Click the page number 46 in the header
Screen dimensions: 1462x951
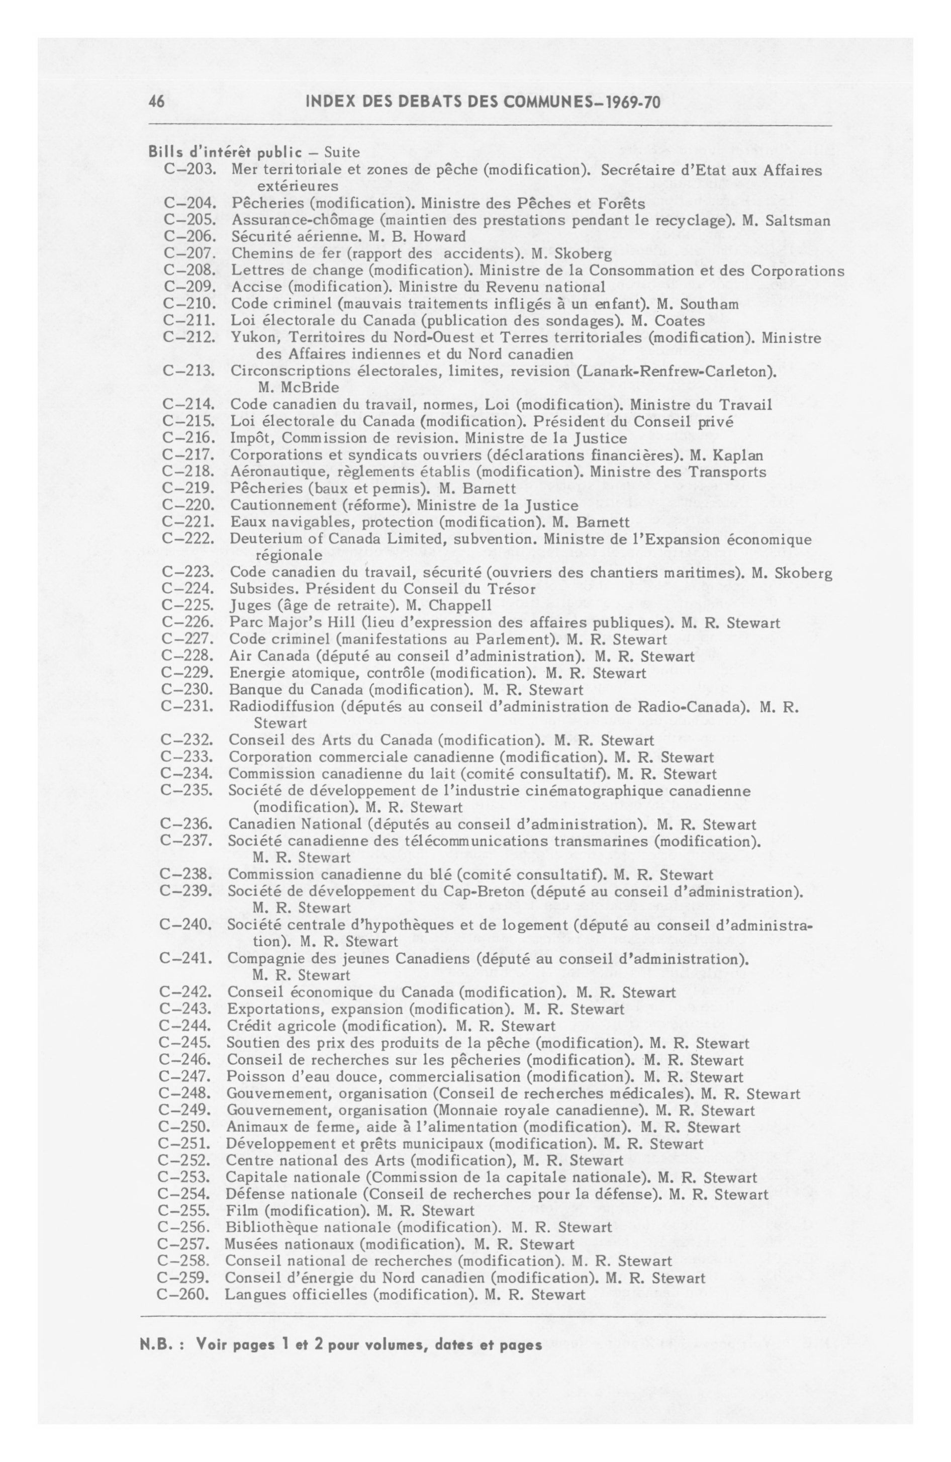(157, 102)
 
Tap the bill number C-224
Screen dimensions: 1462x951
(188, 589)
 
